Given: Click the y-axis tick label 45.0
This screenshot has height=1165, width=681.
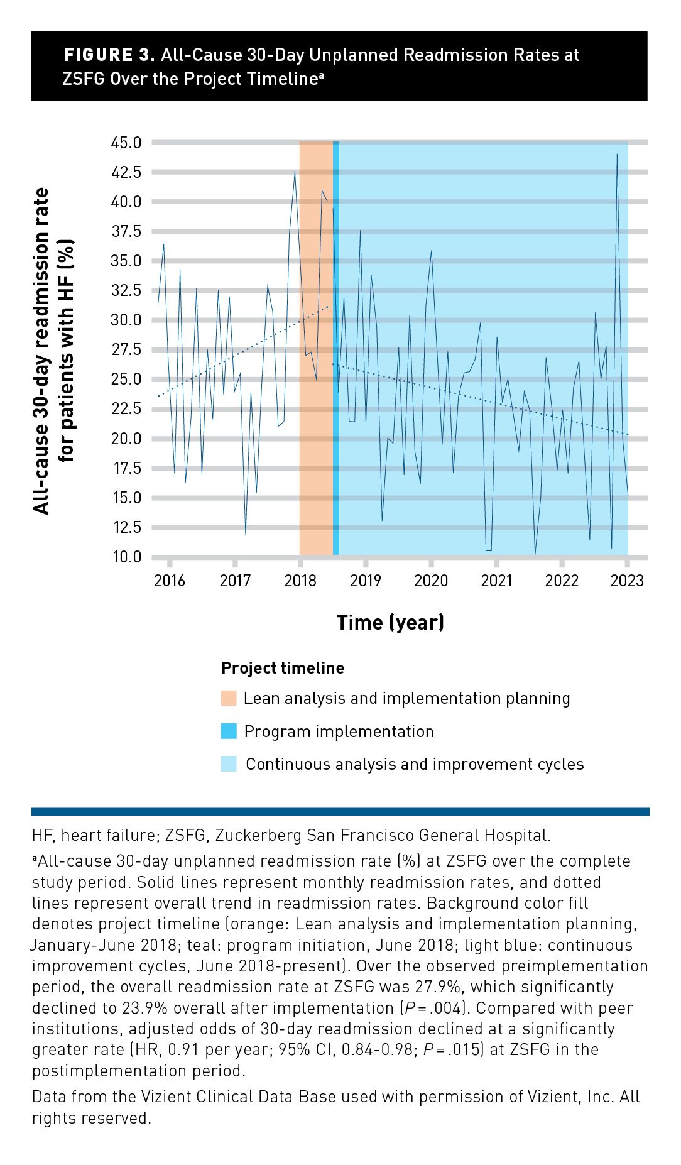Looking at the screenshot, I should tap(126, 143).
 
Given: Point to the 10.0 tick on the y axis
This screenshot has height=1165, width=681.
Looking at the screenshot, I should tap(126, 557).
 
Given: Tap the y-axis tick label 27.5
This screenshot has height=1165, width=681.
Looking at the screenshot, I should tap(126, 349).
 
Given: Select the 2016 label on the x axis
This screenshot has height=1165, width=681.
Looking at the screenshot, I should tap(170, 581).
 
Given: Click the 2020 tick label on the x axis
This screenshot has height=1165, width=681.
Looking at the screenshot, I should tap(431, 581).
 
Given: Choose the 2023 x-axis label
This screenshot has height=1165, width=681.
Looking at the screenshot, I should tap(627, 581).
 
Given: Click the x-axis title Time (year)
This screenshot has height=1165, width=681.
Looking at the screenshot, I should tap(390, 622).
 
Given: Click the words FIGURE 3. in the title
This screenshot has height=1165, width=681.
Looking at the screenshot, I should tap(109, 55).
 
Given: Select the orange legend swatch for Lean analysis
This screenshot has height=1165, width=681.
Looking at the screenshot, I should tap(229, 698).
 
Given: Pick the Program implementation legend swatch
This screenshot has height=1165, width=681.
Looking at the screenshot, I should tap(229, 731).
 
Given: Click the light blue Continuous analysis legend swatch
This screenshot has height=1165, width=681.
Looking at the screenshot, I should tap(229, 764).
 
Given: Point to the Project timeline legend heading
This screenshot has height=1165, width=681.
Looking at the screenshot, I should tap(283, 668).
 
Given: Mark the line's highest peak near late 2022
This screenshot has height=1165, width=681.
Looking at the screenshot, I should tap(617, 155).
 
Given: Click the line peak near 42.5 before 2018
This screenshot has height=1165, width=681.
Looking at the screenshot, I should tap(295, 173).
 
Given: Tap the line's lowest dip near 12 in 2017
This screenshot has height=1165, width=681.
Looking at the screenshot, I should tap(246, 533).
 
